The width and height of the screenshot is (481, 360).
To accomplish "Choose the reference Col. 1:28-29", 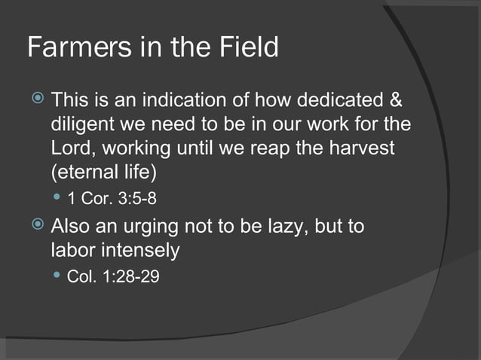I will pos(113,276).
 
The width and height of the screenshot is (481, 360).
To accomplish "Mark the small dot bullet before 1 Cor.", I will pos(57,199).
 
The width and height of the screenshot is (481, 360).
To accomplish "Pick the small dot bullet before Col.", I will pos(57,276).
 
